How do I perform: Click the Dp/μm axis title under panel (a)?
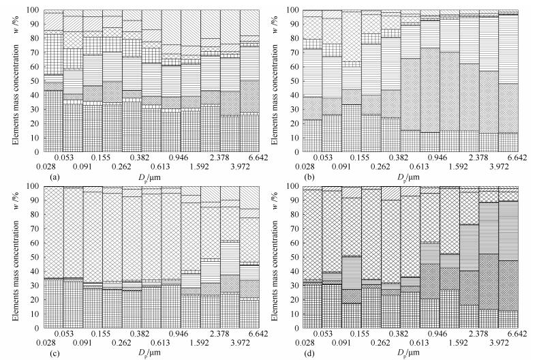click(x=151, y=175)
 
